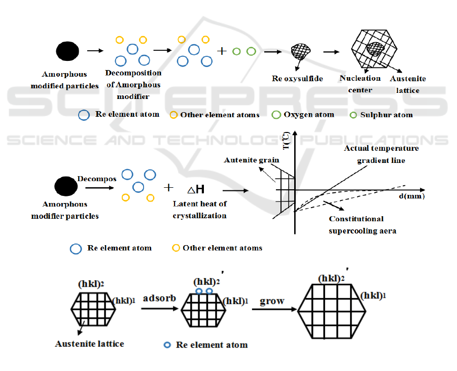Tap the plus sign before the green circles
(221, 51)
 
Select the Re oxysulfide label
(293, 79)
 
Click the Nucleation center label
(360, 84)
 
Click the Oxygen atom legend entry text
(309, 115)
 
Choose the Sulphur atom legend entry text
(386, 115)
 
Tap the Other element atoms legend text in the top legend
(220, 115)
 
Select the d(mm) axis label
(411, 195)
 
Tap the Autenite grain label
(252, 160)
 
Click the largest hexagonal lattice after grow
(331, 311)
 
